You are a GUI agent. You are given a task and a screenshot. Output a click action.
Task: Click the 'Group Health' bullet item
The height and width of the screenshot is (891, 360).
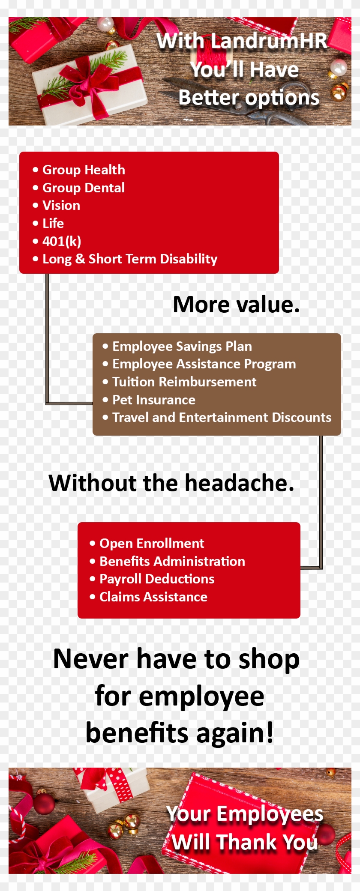[84, 170]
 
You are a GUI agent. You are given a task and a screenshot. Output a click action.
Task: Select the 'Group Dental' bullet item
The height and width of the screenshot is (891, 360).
[84, 188]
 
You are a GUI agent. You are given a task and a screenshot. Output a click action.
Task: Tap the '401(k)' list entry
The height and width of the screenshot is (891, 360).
[62, 241]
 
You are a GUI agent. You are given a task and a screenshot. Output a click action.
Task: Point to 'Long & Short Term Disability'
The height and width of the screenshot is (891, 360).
[129, 259]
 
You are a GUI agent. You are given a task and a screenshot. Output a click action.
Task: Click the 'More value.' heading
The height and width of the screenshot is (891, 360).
[236, 305]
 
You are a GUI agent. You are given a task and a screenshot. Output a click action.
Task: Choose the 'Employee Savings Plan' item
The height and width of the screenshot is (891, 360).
[182, 347]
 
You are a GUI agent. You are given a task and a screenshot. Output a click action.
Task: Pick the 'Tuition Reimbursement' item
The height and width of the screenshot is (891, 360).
[184, 382]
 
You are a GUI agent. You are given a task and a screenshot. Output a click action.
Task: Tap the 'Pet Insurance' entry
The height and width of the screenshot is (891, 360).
[153, 400]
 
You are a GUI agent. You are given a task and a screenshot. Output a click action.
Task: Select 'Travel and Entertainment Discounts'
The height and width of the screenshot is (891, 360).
[222, 418]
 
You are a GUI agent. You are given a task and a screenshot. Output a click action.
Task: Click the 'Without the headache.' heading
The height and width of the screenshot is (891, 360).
[171, 483]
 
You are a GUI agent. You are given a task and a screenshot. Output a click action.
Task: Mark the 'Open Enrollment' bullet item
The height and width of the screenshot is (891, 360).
[152, 544]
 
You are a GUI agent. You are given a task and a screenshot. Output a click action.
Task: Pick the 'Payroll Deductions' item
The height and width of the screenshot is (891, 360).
[157, 579]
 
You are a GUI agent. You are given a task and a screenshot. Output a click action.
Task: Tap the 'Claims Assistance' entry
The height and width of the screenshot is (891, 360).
[153, 597]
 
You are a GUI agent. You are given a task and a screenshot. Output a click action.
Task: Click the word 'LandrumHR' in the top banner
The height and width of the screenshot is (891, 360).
[269, 42]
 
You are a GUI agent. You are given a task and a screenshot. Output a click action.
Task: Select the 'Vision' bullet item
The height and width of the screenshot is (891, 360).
[61, 206]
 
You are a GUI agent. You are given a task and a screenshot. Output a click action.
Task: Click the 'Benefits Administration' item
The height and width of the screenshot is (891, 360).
[172, 562]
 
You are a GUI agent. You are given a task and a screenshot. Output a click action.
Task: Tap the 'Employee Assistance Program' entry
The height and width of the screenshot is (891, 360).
[204, 364]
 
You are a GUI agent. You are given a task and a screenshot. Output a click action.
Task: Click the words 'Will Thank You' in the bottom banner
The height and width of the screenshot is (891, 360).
[245, 842]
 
